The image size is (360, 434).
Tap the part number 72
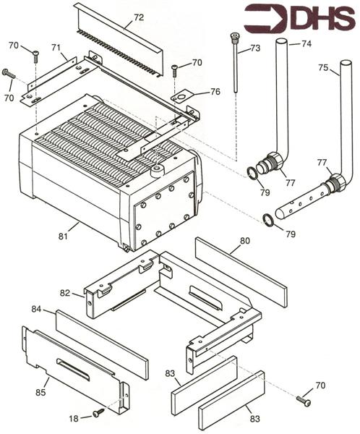pos(139,16)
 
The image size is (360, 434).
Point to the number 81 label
pos(63,234)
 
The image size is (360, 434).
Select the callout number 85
pos(41,391)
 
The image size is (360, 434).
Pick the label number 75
pos(324,69)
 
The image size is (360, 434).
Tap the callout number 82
pos(64,292)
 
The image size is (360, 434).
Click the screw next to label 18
pos(98,412)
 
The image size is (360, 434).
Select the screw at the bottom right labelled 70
pos(303,400)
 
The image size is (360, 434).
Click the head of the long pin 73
pos(234,36)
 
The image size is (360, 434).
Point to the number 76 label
pos(215,91)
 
